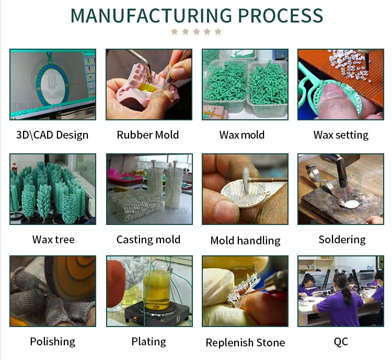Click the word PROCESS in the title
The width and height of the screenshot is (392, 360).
pos(278,16)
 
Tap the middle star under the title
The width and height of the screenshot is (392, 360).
pos(196,32)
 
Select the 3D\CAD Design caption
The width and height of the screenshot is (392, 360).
pos(52,135)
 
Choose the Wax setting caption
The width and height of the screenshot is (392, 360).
pos(341,135)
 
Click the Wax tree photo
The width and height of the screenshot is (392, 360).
pos(52,189)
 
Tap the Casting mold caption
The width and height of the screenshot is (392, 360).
pos(148,240)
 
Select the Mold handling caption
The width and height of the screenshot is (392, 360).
pos(245,241)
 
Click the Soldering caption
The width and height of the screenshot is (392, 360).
pos(342,240)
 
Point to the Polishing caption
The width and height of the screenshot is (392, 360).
pos(52,342)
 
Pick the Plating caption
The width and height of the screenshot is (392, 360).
pos(148,342)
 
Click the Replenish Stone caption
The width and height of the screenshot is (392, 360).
pos(245,343)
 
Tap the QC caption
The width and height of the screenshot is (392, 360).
pos(341,342)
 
